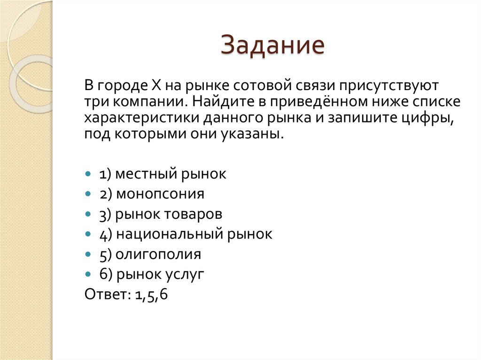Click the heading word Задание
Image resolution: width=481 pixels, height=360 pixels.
pyautogui.click(x=273, y=46)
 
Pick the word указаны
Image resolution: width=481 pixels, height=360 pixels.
pyautogui.click(x=257, y=135)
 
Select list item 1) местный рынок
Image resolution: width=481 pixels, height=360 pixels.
pyautogui.click(x=163, y=174)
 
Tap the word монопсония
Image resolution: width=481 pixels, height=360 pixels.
pyautogui.click(x=166, y=194)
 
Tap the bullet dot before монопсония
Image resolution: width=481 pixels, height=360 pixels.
pyautogui.click(x=88, y=194)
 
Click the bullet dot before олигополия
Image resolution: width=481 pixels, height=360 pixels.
pyautogui.click(x=88, y=254)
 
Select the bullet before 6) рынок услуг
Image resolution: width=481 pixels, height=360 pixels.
pyautogui.click(x=88, y=274)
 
